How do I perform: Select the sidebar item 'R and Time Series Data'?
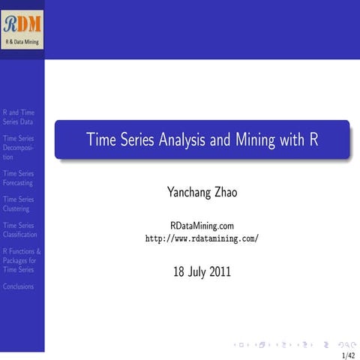click(18, 117)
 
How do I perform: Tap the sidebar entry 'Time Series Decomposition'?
click(18, 148)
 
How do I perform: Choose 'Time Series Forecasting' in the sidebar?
click(18, 178)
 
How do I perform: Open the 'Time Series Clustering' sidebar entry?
click(18, 204)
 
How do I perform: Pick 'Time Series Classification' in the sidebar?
click(18, 229)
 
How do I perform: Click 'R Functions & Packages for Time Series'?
click(22, 260)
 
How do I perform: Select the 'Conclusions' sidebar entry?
click(18, 286)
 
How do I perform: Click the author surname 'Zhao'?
click(223, 193)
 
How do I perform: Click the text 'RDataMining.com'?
click(202, 225)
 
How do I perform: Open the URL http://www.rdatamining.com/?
click(202, 238)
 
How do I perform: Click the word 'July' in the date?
click(194, 271)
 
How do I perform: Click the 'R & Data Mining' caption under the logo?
click(22, 42)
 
